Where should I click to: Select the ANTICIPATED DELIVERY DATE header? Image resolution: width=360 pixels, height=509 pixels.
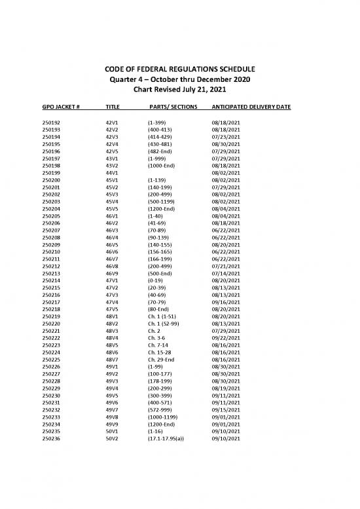[251, 106]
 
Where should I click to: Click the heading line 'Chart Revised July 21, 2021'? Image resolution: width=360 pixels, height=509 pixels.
[179, 89]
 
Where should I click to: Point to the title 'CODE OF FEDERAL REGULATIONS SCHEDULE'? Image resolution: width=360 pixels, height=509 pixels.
[179, 69]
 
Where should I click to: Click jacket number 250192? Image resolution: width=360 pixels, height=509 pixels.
[50, 123]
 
